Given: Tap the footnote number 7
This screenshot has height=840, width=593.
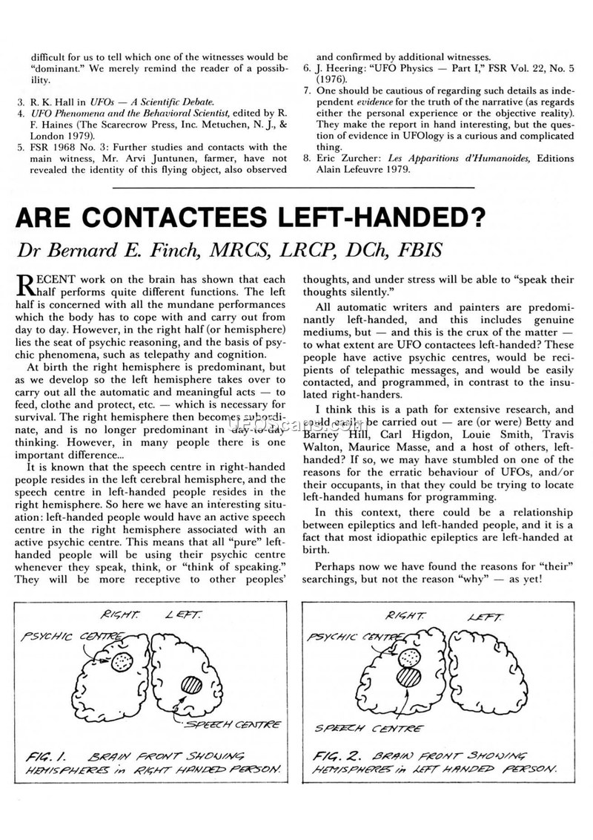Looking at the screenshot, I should coord(307,90).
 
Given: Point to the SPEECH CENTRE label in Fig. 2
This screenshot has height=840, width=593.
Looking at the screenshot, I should coord(369,728).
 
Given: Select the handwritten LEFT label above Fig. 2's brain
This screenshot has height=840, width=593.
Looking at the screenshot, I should coord(486,617).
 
